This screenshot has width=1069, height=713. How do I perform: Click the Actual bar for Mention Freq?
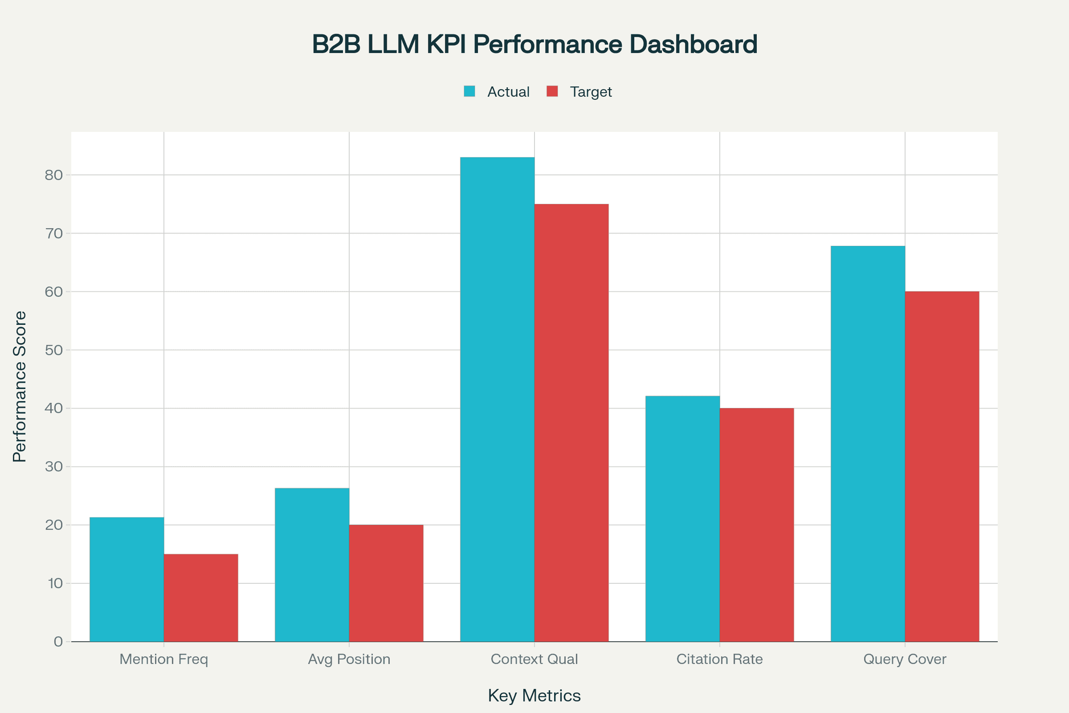(127, 579)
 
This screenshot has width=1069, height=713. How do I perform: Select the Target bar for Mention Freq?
(201, 598)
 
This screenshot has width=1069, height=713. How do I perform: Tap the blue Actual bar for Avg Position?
(312, 565)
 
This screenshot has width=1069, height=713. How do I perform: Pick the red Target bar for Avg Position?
(386, 583)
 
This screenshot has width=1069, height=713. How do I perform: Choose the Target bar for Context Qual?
(571, 423)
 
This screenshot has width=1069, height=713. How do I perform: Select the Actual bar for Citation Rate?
(683, 518)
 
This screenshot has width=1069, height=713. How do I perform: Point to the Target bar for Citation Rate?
(757, 525)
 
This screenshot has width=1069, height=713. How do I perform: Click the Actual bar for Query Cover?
(868, 444)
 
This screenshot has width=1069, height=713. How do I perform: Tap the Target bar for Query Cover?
(942, 467)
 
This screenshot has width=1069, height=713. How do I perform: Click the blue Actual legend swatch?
(469, 91)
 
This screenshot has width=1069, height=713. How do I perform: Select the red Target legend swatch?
(552, 91)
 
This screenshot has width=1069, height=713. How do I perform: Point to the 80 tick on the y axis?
(53, 175)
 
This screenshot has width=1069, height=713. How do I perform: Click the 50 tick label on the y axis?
(53, 350)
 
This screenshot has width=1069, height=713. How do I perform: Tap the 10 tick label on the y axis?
(54, 583)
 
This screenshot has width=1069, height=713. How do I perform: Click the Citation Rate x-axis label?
(719, 659)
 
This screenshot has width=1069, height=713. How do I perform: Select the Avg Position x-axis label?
(349, 659)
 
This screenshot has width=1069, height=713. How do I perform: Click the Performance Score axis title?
(20, 386)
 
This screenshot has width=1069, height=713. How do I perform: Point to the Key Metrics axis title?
(534, 696)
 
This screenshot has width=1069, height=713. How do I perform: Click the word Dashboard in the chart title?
(693, 44)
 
